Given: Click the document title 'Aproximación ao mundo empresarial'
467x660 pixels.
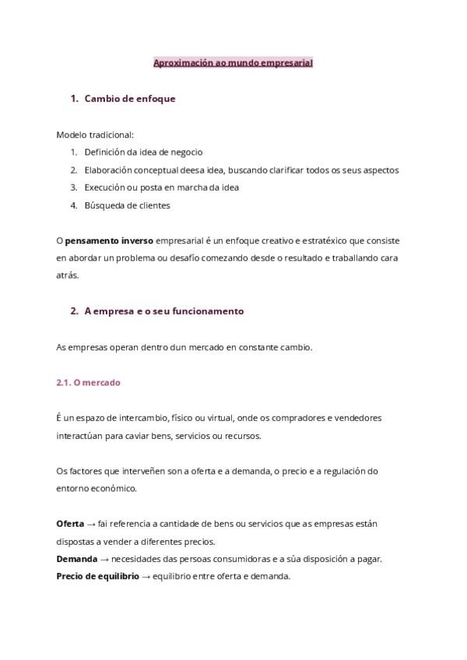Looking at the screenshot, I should click(x=233, y=62).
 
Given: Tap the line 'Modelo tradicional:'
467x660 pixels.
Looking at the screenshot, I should click(x=95, y=135).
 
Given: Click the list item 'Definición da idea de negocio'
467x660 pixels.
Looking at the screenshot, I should click(x=143, y=153).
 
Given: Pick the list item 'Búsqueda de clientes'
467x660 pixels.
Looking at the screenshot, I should click(x=127, y=205).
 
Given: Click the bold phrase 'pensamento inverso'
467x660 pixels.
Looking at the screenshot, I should click(x=109, y=240).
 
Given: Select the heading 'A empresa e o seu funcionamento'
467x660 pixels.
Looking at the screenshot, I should click(x=163, y=311).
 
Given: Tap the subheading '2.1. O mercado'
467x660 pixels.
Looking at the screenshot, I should click(x=88, y=383).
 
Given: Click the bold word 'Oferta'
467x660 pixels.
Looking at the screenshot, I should click(x=70, y=524).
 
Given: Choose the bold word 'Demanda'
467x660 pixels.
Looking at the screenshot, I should click(x=76, y=559).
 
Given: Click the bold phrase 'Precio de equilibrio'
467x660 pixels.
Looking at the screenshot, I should click(x=97, y=576).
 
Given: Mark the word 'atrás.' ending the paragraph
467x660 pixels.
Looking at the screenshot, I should click(x=68, y=275).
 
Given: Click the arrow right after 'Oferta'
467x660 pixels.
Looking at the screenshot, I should click(x=91, y=524).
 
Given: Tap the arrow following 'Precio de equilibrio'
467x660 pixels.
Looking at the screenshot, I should click(x=146, y=576).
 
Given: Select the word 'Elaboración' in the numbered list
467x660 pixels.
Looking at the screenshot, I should click(x=108, y=170).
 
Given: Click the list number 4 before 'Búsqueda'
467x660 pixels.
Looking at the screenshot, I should click(x=73, y=205).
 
